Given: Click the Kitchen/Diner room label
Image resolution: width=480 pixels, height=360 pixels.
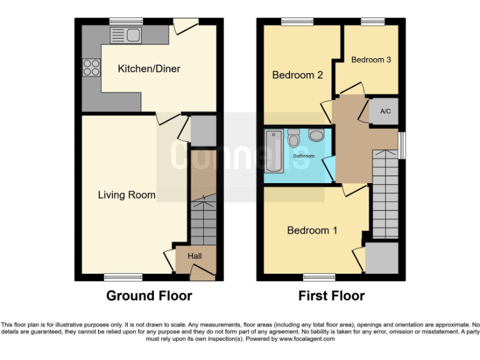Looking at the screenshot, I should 149,69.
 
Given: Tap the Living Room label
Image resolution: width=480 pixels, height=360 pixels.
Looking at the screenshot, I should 126,195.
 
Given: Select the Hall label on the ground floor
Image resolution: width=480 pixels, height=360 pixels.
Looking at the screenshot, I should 194,256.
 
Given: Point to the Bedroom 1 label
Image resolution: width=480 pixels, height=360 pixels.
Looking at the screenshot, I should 312,231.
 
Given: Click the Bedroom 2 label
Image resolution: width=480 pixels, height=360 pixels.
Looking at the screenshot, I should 297,75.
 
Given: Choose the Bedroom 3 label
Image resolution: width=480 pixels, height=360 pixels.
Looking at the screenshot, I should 371,60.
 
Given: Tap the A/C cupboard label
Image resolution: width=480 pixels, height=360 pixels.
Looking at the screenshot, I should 385,111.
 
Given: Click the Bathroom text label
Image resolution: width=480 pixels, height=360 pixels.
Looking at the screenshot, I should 305,156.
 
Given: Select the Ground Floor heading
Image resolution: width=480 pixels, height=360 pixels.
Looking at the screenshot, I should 149,296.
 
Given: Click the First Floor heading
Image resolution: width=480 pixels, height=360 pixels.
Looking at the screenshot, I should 331,296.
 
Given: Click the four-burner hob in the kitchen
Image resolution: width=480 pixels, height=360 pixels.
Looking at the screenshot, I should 91,67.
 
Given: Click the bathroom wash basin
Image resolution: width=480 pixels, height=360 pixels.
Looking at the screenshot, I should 316,135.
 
